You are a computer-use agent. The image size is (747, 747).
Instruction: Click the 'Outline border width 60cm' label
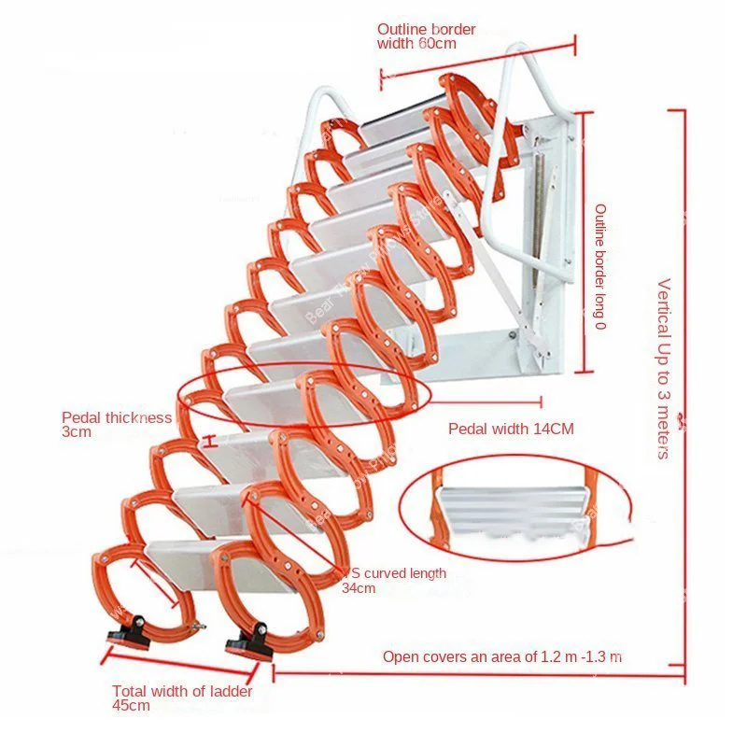[x=426, y=36]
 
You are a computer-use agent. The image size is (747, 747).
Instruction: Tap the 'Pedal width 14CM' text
[x=511, y=429]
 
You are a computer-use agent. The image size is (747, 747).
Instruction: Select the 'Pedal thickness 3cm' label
[x=117, y=425]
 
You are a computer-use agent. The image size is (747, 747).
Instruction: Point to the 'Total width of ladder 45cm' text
[x=182, y=698]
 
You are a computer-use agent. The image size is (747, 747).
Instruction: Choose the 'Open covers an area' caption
[x=502, y=657]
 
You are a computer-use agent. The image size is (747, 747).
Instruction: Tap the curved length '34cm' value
[x=359, y=588]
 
